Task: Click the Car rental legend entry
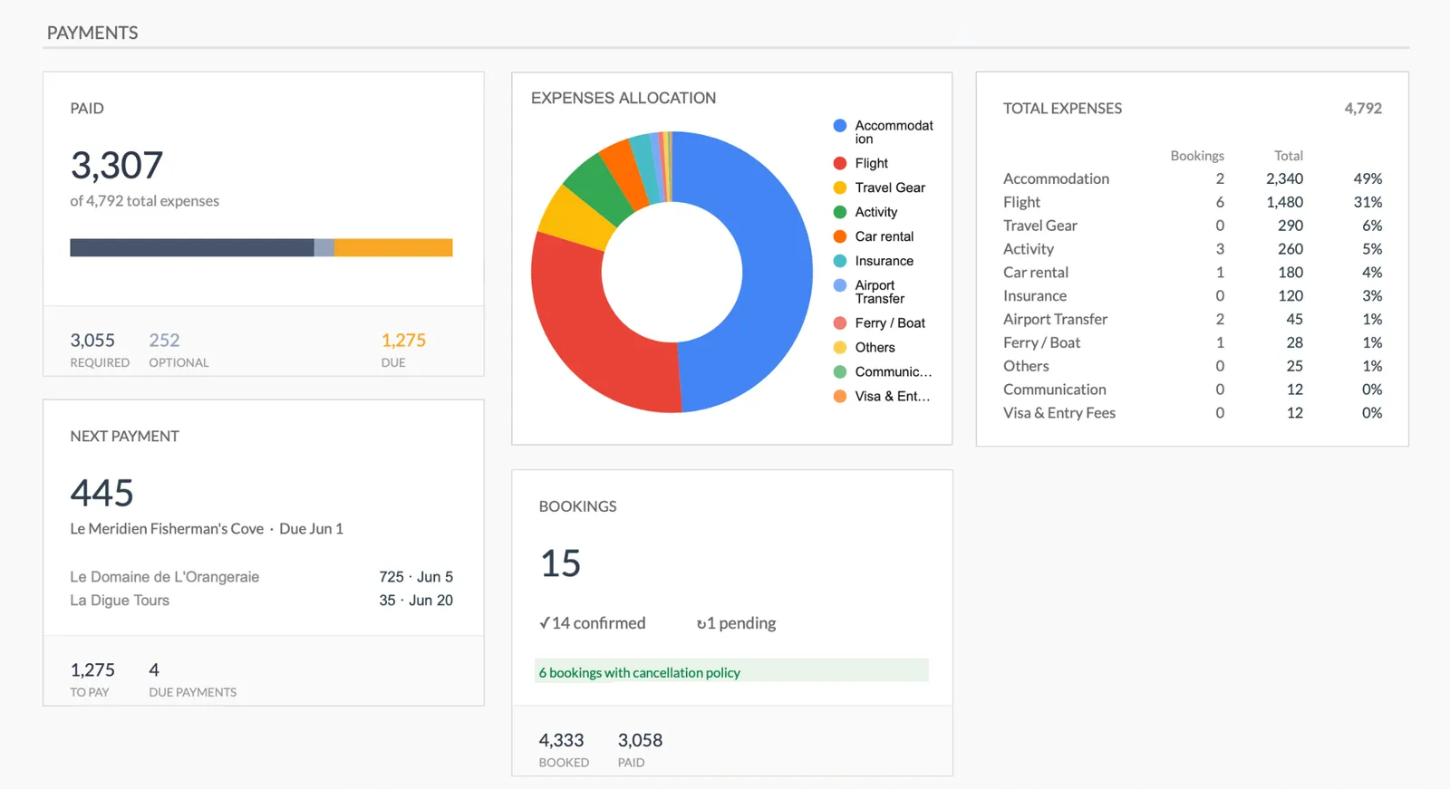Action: pos(884,236)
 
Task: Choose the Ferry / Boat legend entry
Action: pos(889,323)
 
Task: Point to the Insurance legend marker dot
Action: pos(840,261)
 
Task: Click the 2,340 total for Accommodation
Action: pos(1284,179)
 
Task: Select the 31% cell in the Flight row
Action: pos(1367,203)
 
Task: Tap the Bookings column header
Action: pos(1196,156)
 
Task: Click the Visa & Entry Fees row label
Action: pos(1058,413)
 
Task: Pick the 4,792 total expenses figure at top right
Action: pos(1362,109)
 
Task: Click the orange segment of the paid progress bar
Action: pos(392,247)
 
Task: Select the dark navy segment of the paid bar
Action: pos(191,247)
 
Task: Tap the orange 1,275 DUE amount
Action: pos(403,341)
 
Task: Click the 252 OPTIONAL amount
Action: pos(164,341)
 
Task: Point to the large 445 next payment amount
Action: pos(102,494)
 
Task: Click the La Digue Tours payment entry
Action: pos(120,601)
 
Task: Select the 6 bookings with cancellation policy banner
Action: pos(730,672)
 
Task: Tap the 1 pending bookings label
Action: pos(737,623)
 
